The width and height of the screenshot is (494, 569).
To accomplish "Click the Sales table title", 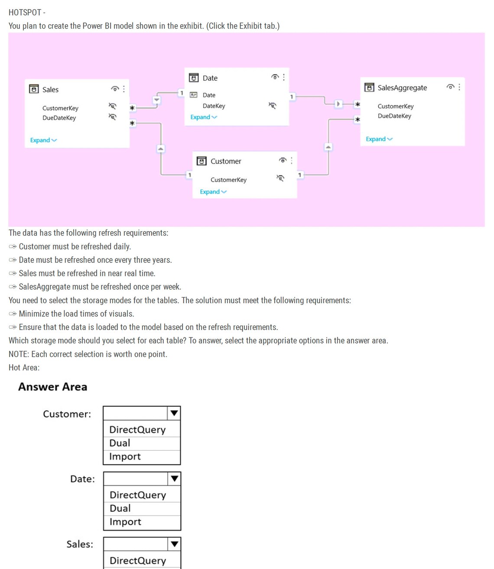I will [50, 90].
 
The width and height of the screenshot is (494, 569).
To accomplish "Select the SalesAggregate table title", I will [402, 88].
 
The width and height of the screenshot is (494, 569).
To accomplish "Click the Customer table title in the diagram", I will [226, 161].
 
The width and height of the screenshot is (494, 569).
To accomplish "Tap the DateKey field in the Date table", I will [214, 106].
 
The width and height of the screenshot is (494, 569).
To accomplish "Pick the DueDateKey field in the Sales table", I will [59, 118].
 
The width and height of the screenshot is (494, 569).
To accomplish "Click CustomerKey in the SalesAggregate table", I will [396, 106].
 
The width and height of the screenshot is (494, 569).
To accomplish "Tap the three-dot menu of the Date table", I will [284, 77].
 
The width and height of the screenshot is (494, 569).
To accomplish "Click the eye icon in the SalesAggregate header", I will [451, 87].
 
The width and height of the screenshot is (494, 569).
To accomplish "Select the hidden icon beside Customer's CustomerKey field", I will [280, 178].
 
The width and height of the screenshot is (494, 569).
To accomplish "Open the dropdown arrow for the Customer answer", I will [174, 413].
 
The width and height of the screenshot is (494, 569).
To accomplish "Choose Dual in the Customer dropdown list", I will [120, 443].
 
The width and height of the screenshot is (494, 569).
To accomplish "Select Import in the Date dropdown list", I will [125, 522].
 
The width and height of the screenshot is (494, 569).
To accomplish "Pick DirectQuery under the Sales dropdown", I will [138, 561].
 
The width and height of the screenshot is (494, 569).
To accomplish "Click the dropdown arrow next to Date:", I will [174, 479].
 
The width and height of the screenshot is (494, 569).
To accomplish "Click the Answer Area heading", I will [52, 387].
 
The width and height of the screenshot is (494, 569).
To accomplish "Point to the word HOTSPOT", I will [25, 13].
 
